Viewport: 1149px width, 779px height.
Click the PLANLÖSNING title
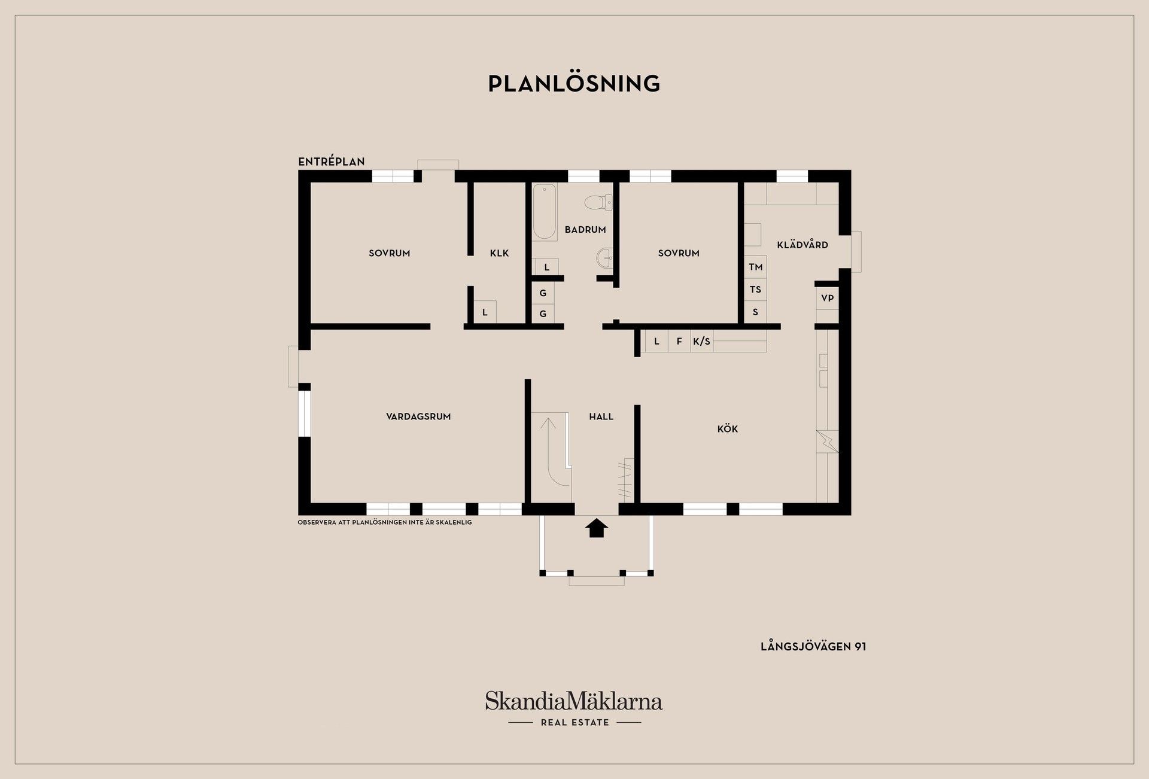click(x=574, y=83)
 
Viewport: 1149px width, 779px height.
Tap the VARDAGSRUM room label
click(x=418, y=416)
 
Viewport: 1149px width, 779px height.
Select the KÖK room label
click(x=728, y=428)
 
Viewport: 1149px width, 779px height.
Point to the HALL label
click(x=601, y=416)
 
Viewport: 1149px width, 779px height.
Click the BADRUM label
click(x=585, y=229)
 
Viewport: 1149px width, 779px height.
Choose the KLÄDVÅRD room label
click(x=803, y=244)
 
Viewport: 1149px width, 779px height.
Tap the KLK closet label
click(x=499, y=253)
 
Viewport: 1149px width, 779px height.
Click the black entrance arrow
click(x=596, y=528)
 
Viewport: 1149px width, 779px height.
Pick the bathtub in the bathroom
click(x=545, y=212)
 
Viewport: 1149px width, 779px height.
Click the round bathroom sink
click(x=605, y=258)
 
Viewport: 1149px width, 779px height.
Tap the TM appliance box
click(x=755, y=267)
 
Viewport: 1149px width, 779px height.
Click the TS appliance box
click(x=755, y=290)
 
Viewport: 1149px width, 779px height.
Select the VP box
click(x=827, y=298)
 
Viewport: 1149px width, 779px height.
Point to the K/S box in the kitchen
click(x=701, y=341)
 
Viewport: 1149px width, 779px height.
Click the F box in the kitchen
click(x=679, y=341)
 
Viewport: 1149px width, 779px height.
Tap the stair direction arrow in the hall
click(x=549, y=443)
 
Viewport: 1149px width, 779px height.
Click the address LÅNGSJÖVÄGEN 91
click(x=813, y=646)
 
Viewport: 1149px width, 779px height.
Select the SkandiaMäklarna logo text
click(x=574, y=701)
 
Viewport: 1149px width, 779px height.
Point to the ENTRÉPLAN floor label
click(x=332, y=162)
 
